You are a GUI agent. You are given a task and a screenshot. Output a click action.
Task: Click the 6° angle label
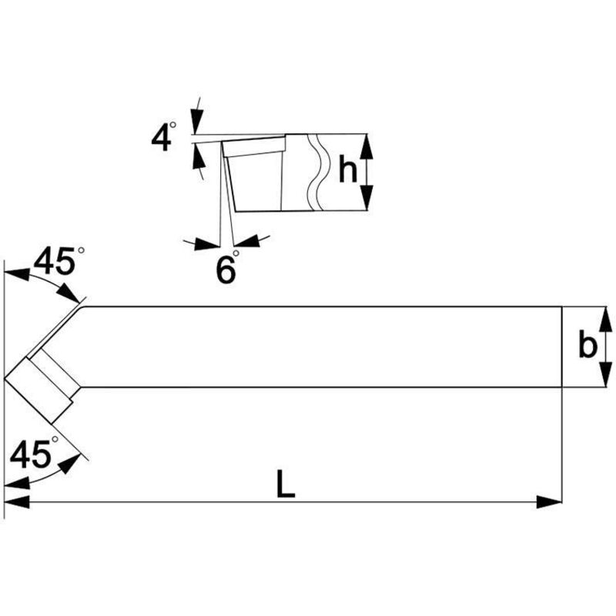(x=226, y=269)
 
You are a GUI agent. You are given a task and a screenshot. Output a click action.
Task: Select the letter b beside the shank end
(x=588, y=346)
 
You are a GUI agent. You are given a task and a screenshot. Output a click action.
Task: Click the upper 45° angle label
(x=54, y=263)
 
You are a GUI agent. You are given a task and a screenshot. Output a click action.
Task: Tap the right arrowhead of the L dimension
(x=549, y=502)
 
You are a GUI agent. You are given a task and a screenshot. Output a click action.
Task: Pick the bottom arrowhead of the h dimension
(x=367, y=202)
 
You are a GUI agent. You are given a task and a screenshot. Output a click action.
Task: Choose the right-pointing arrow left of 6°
(x=206, y=244)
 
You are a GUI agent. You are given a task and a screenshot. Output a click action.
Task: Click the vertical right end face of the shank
(x=562, y=346)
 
